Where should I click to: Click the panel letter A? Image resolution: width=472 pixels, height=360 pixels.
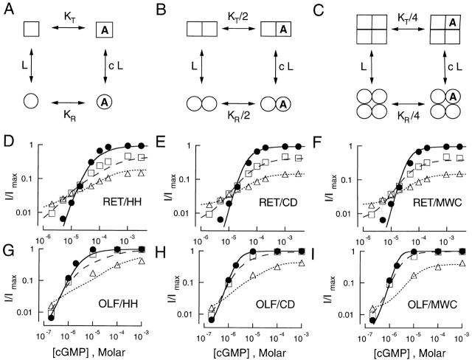[7, 7]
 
